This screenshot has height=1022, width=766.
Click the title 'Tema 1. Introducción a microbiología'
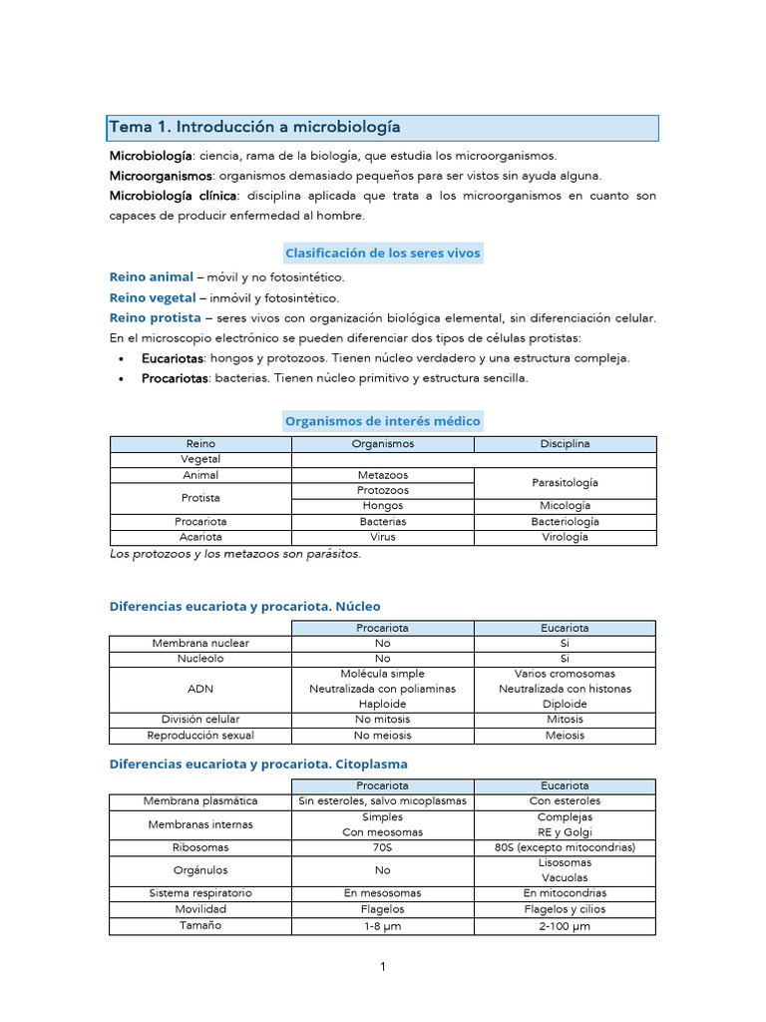pos(254,127)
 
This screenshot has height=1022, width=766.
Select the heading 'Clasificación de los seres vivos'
pos(383,253)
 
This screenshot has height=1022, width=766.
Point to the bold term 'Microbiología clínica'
pos(173,196)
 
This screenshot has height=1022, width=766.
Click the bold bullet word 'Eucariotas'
pos(174,358)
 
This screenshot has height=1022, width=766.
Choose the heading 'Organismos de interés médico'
pos(383,421)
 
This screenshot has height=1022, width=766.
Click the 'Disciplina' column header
pos(565,443)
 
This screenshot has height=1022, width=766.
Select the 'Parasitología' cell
pos(565,482)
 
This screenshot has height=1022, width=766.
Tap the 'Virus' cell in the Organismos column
pos(382,537)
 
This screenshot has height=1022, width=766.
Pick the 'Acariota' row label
pos(200,537)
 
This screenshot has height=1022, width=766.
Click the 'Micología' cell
pos(565,506)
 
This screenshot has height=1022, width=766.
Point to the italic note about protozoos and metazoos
pos(234,554)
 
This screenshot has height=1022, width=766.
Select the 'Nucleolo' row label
pos(200,659)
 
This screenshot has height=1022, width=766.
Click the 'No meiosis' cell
pos(382,736)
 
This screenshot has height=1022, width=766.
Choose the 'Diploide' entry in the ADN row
pos(565,704)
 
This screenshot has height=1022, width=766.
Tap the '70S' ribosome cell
pos(382,847)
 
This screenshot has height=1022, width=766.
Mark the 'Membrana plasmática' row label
pos(200,800)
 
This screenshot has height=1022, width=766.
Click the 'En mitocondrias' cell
pos(565,893)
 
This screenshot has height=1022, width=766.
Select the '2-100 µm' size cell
pos(565,926)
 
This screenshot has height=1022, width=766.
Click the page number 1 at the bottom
pos(382,966)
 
